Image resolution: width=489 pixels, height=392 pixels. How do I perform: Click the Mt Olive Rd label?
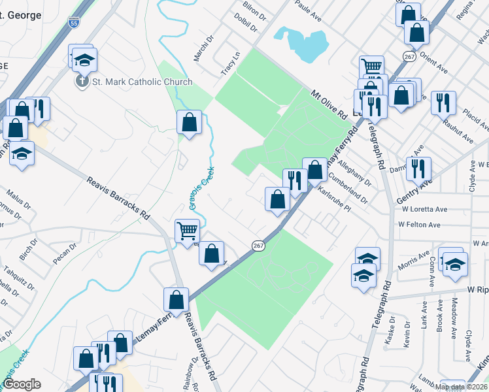328,104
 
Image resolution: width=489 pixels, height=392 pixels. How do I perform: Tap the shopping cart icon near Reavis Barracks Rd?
186,229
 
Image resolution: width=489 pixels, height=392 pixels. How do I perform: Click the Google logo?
22,384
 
